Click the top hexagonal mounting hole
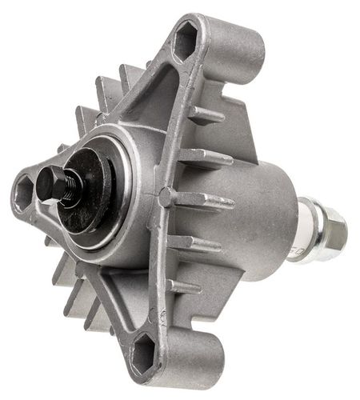(x=185, y=42)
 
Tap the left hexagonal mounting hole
(x=23, y=192)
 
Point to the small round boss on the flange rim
(x=165, y=195)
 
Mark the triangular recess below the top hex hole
(x=156, y=96)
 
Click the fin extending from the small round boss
(x=204, y=200)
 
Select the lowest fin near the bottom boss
(x=186, y=286)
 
